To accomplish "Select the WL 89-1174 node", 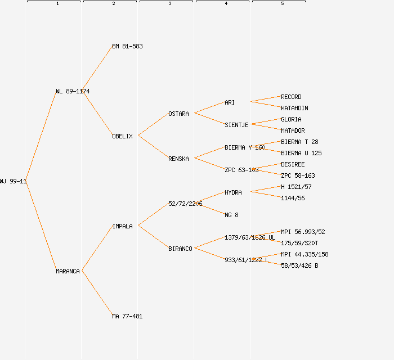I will point(73,91).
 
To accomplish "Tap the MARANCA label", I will point(68,271).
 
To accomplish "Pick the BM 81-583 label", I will point(127,46).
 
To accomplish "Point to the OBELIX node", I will point(122,136).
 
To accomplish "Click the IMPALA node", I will point(122,226).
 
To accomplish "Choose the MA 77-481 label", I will point(127,316).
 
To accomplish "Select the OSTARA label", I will point(178,114).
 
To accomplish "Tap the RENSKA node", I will point(178,159).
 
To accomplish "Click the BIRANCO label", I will point(180,249).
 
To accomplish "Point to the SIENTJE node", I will point(236,125).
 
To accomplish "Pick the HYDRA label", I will point(233,192).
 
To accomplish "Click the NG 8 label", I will point(231,215).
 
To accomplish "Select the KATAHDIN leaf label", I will point(294,108).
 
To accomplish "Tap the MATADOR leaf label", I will point(293,130).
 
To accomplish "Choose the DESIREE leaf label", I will point(293,164).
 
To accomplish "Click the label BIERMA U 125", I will point(301,153).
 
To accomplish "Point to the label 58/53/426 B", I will point(299,265).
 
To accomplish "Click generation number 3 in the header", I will point(169,4).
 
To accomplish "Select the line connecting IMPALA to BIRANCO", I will point(153,237).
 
